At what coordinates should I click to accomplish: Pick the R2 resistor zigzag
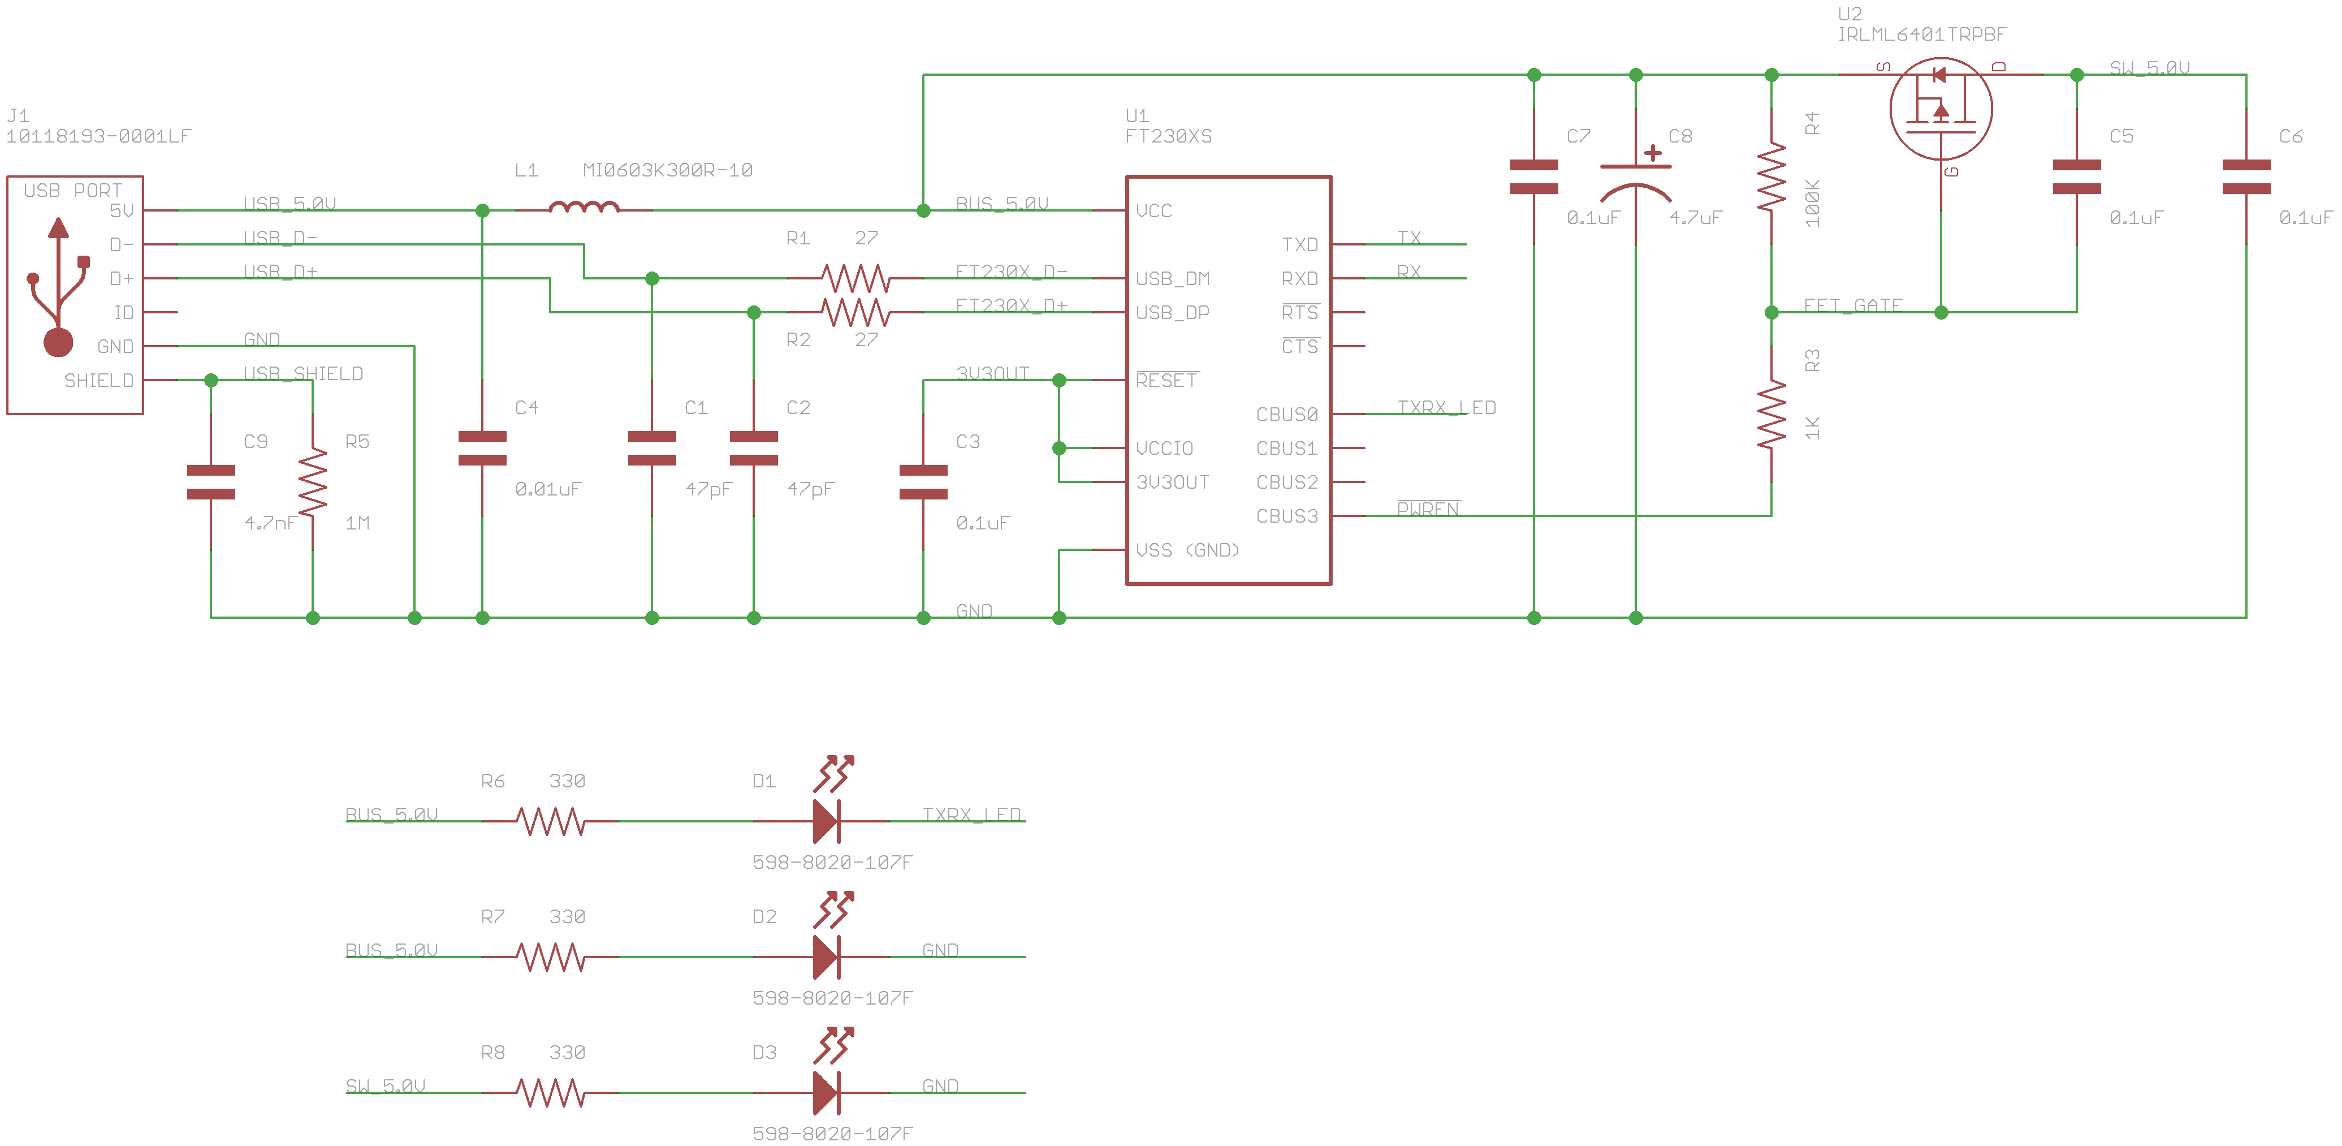[854, 312]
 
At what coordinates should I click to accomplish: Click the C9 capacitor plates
[211, 482]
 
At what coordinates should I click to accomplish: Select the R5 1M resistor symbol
[313, 482]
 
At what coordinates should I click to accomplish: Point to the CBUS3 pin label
[1286, 516]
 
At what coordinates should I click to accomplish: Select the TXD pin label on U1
[1299, 245]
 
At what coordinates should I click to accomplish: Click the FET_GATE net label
[1852, 305]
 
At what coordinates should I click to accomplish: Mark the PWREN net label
[1427, 509]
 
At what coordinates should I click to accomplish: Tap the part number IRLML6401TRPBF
[1921, 35]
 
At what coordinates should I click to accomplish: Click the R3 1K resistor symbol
[1771, 415]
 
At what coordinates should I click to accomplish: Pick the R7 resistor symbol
[551, 957]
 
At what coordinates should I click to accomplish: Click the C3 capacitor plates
[923, 482]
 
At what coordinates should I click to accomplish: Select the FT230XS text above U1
[1168, 136]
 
